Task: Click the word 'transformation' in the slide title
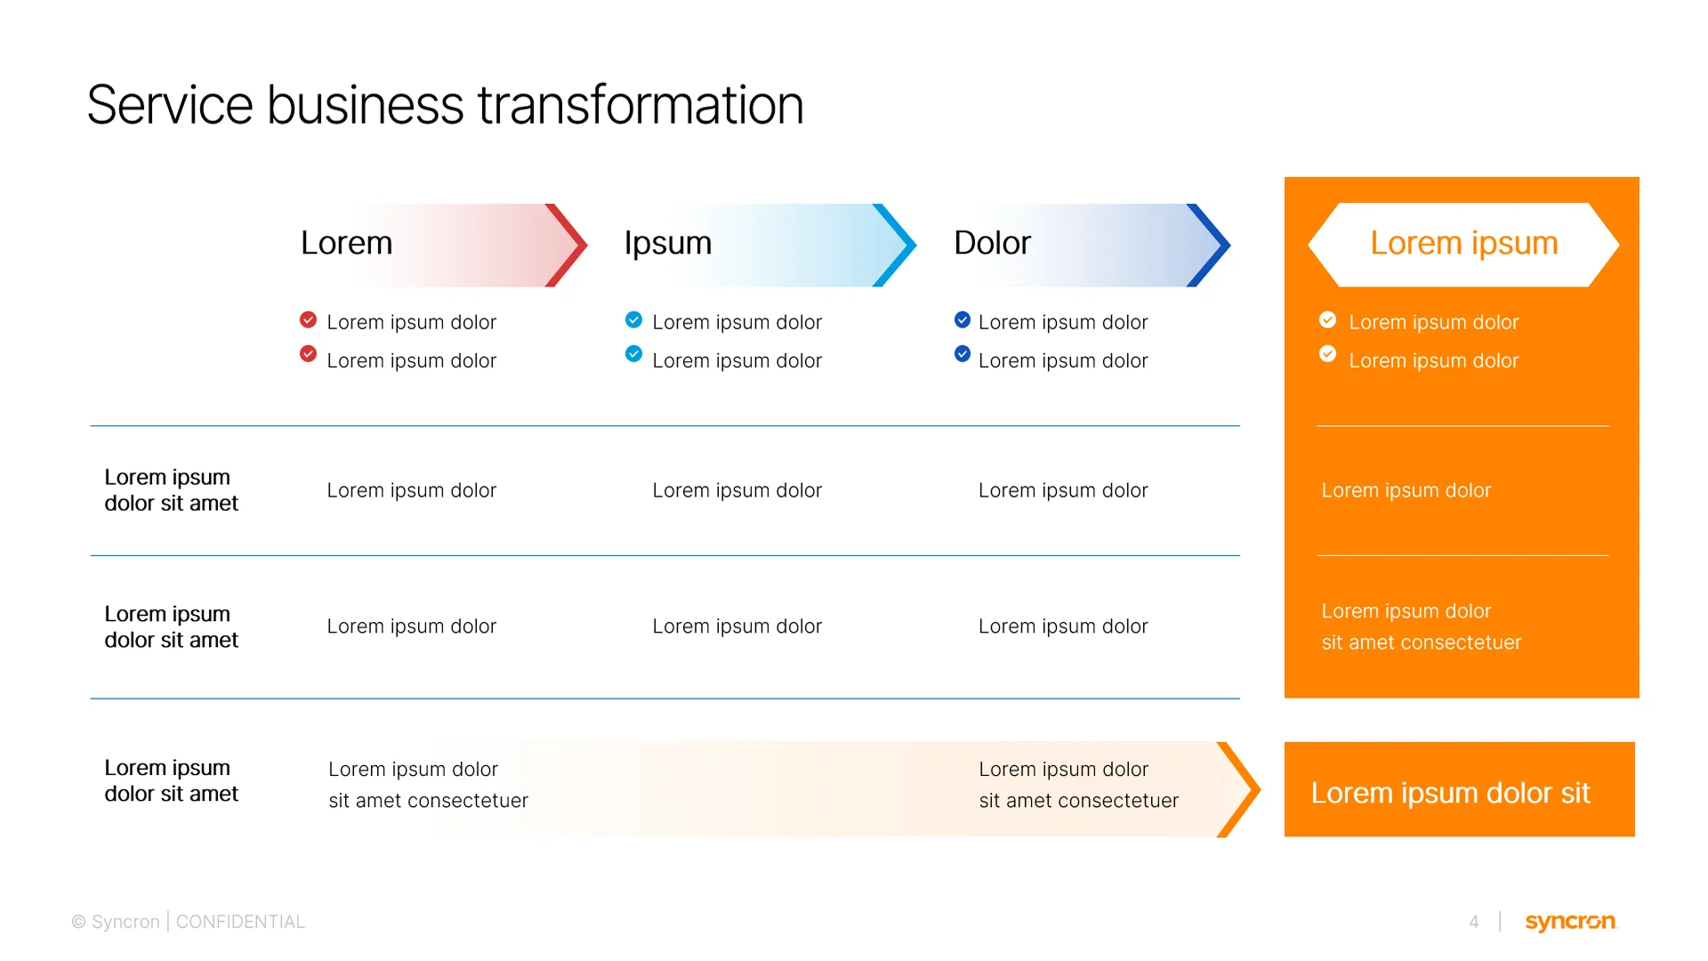click(640, 105)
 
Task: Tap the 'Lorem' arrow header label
click(346, 243)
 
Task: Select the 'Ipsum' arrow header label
click(667, 243)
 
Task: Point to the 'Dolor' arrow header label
click(992, 243)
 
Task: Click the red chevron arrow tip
click(569, 245)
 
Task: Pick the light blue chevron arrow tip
click(898, 245)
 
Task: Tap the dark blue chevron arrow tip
click(1212, 245)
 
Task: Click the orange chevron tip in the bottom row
click(1242, 789)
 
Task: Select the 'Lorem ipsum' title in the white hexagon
click(1463, 243)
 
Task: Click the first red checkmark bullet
click(309, 319)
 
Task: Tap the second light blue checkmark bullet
click(633, 354)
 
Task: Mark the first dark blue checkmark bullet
click(963, 319)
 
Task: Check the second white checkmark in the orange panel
click(1327, 354)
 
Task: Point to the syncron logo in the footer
click(1570, 922)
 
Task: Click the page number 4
click(1474, 922)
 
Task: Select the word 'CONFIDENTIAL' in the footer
click(240, 922)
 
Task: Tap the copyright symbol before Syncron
click(78, 922)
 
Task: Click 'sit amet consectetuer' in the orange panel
click(1421, 642)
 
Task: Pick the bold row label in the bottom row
click(171, 780)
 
